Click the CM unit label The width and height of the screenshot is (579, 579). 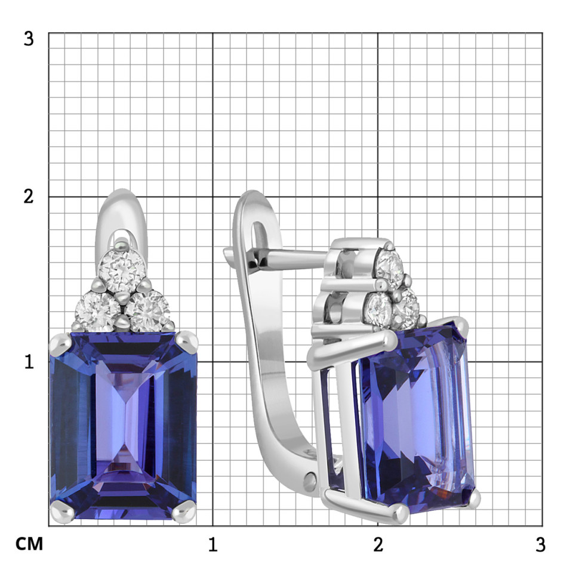(x=29, y=544)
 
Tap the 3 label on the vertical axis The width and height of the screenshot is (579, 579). (x=29, y=38)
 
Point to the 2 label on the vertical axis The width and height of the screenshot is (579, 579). (x=29, y=196)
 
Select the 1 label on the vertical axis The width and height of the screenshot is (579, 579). (x=29, y=362)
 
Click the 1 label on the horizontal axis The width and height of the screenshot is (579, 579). (x=212, y=544)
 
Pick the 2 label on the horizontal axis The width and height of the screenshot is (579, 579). (x=378, y=544)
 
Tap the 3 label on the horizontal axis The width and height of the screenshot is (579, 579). (x=540, y=544)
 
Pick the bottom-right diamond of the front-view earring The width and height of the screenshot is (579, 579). (x=148, y=311)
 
